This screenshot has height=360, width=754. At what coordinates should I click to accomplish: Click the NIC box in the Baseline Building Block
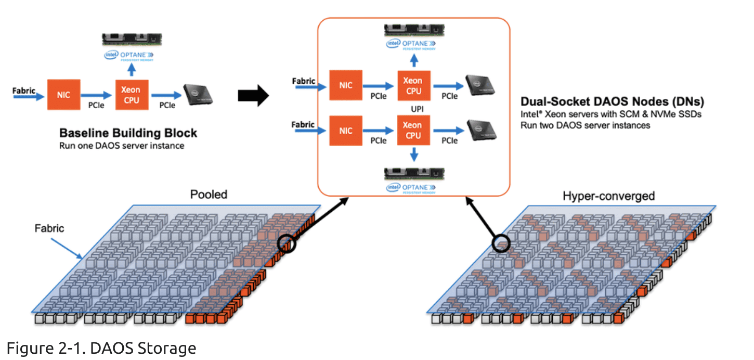pyautogui.click(x=64, y=95)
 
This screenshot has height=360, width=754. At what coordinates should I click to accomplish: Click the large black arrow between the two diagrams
pyautogui.click(x=253, y=96)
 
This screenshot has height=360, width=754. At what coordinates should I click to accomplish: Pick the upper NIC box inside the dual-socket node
pyautogui.click(x=346, y=85)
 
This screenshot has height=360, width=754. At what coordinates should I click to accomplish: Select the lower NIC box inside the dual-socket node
pyautogui.click(x=346, y=130)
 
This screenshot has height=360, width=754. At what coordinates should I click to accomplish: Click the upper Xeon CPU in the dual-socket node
pyautogui.click(x=412, y=85)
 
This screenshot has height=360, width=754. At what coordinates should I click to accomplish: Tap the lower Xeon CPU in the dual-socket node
pyautogui.click(x=412, y=130)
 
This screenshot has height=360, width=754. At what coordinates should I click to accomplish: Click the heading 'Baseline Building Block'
pyautogui.click(x=128, y=133)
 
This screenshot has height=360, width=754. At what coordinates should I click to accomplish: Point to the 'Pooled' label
pyautogui.click(x=209, y=195)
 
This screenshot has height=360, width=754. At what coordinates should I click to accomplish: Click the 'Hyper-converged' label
pyautogui.click(x=608, y=196)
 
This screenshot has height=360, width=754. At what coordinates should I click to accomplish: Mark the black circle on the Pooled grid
pyautogui.click(x=286, y=243)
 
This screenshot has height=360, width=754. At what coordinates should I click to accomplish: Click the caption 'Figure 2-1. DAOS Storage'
pyautogui.click(x=101, y=348)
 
